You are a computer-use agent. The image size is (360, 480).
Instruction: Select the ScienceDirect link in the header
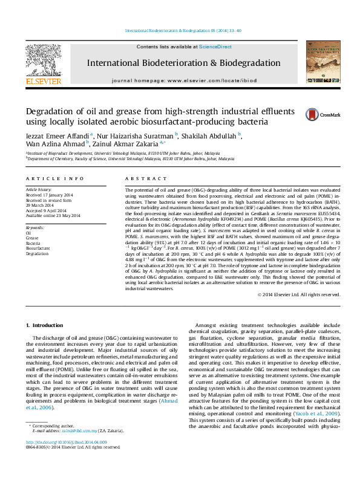pyautogui.click(x=215, y=47)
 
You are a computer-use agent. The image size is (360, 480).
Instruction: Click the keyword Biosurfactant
pyautogui.click(x=38, y=248)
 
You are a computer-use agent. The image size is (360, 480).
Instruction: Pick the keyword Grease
pyautogui.click(x=32, y=238)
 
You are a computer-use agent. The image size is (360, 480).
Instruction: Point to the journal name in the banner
pyautogui.click(x=183, y=63)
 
